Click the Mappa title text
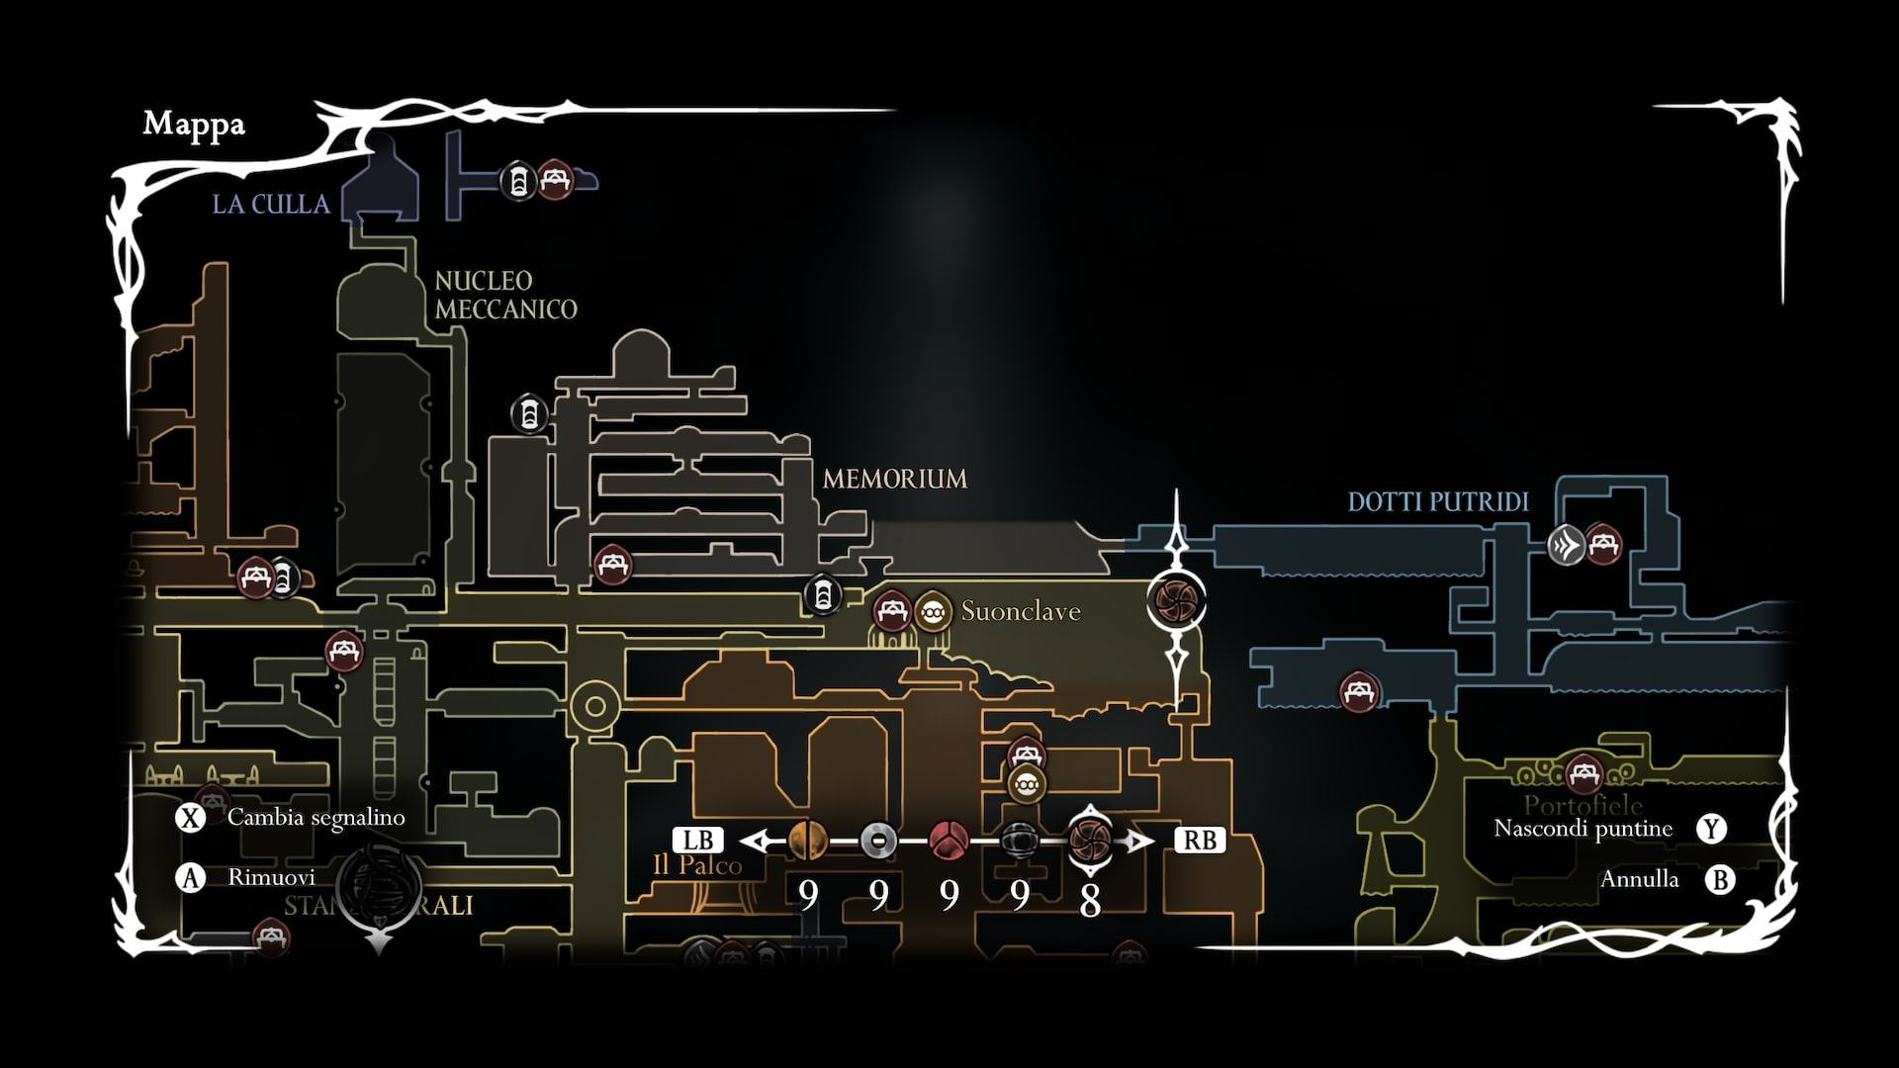tap(194, 124)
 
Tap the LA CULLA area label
tap(271, 204)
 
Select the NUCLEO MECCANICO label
tap(505, 295)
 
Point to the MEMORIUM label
tap(894, 479)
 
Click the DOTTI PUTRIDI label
tap(1438, 501)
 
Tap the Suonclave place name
tap(1021, 611)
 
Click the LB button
tap(698, 841)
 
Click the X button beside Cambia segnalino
tap(190, 818)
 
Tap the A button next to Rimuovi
tap(190, 877)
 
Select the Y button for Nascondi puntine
tap(1712, 829)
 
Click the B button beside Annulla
tap(1720, 879)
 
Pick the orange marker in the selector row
tap(808, 841)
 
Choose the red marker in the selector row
tap(949, 841)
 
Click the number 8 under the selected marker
tap(1090, 901)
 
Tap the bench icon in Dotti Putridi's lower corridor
tap(1359, 691)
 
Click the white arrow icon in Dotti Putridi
tap(1566, 545)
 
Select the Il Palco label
tap(697, 866)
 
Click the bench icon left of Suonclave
tap(891, 611)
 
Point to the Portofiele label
tap(1582, 804)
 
